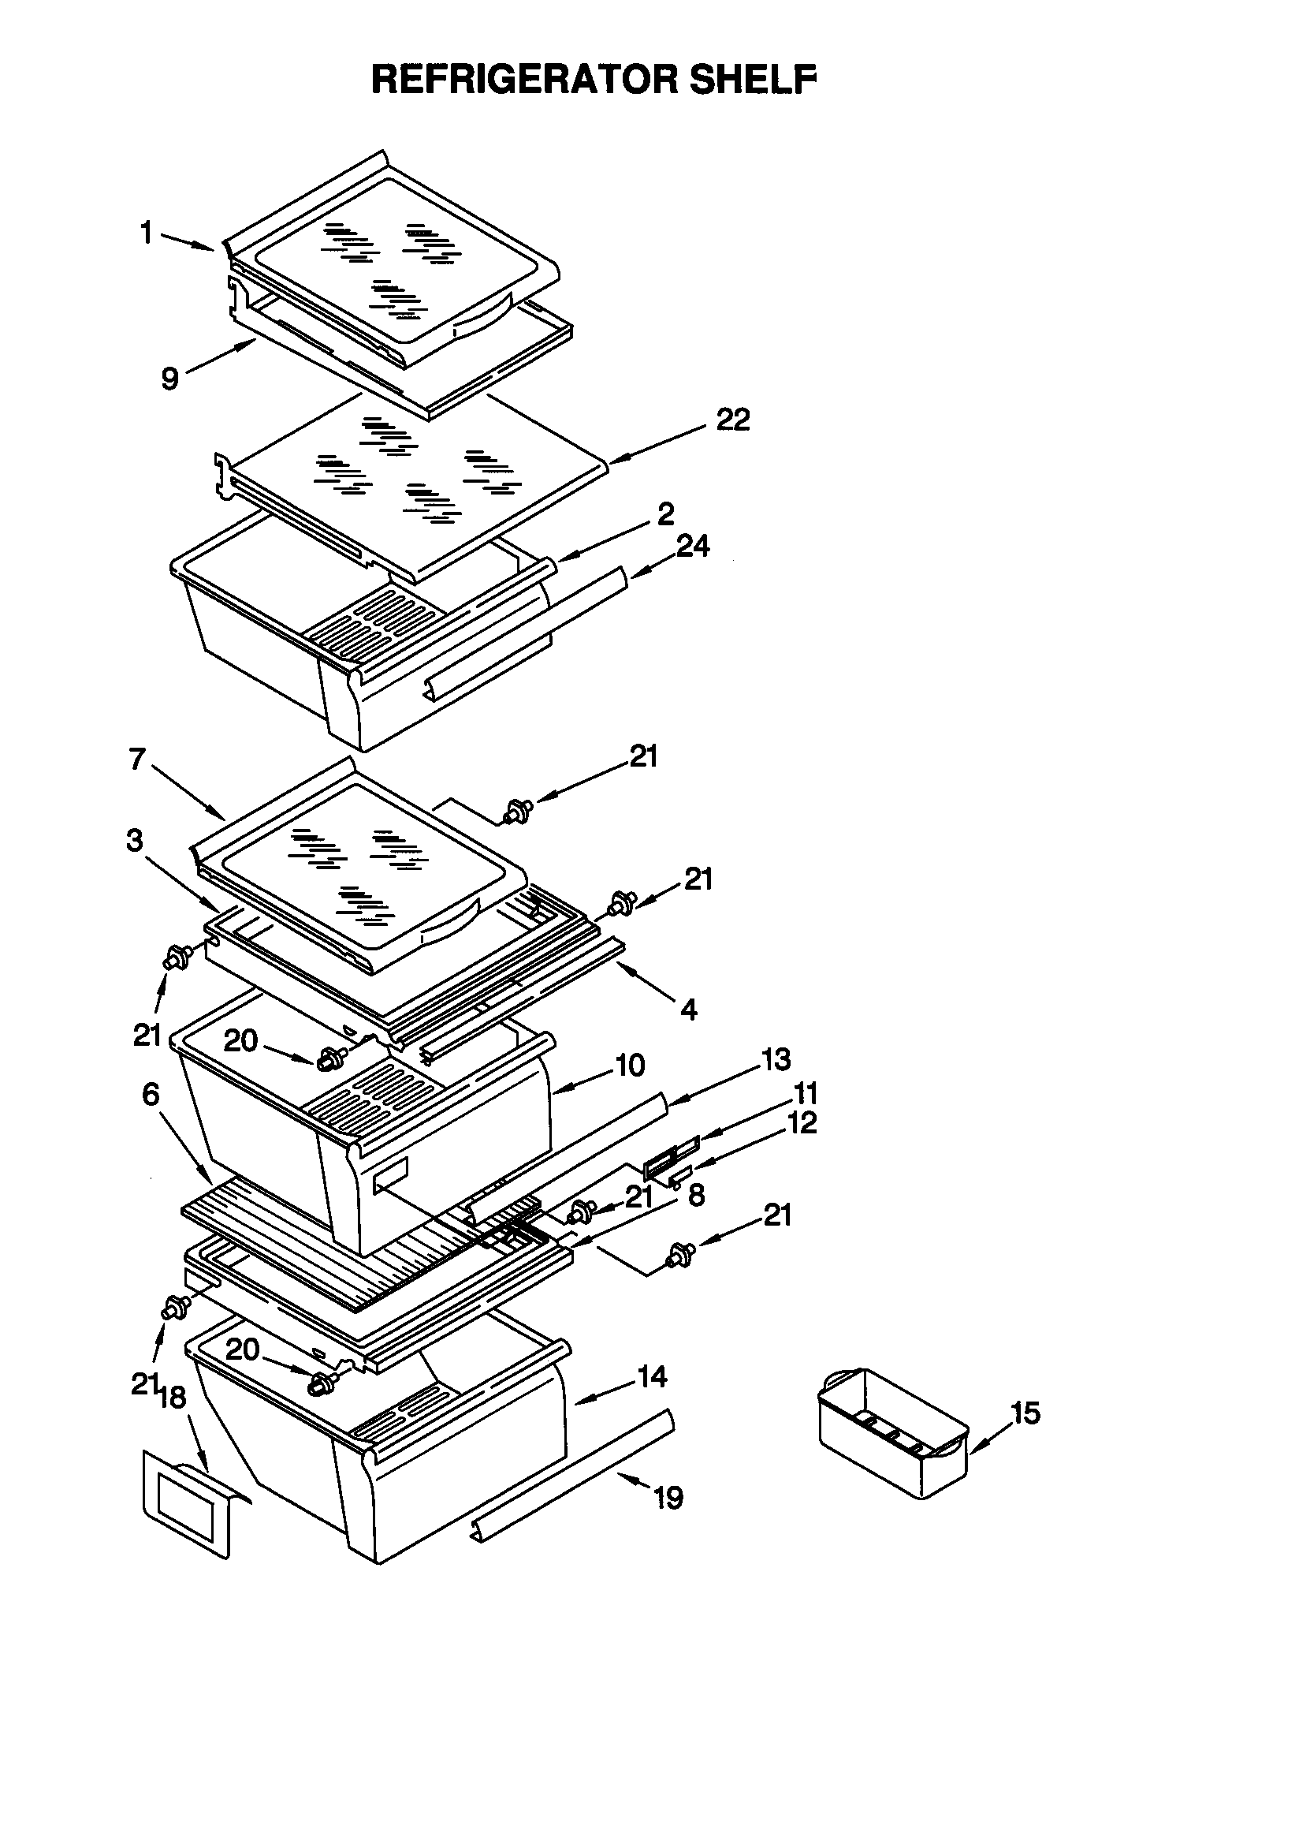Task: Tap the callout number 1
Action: pos(146,233)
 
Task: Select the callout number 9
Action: pos(169,378)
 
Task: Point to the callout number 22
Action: pos(732,419)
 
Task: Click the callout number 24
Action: pos(692,546)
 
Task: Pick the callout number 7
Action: pos(137,758)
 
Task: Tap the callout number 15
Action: pos(1025,1413)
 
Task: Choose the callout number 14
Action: pos(651,1376)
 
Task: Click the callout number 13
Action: pos(776,1059)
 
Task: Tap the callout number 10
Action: pos(630,1065)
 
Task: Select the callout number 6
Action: pos(150,1094)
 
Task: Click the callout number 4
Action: pos(689,1009)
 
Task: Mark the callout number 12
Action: pos(802,1122)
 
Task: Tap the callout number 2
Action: pos(665,514)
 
